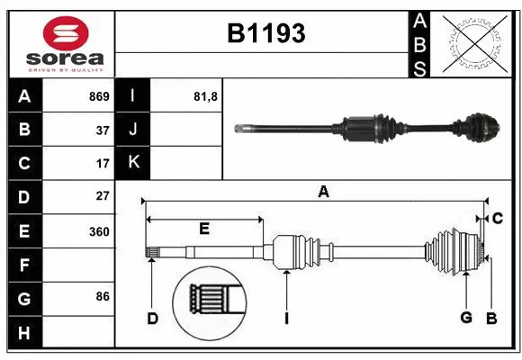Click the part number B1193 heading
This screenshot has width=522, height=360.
pyautogui.click(x=265, y=34)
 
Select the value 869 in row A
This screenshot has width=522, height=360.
pyautogui.click(x=98, y=96)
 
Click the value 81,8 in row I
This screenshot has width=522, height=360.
pyautogui.click(x=206, y=96)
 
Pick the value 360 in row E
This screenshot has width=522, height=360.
pyautogui.click(x=98, y=231)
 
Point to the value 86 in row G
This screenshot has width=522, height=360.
pyautogui.click(x=102, y=295)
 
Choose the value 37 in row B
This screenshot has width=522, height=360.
pyautogui.click(x=102, y=130)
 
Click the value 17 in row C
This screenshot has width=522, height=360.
pyautogui.click(x=102, y=164)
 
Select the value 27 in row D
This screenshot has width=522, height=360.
pyautogui.click(x=102, y=195)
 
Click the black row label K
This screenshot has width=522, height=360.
pyautogui.click(x=133, y=163)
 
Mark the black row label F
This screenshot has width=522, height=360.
pyautogui.click(x=24, y=265)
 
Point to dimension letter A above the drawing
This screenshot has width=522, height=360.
pyautogui.click(x=323, y=191)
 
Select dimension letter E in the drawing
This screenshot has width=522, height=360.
pyautogui.click(x=204, y=229)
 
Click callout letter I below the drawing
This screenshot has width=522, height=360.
pyautogui.click(x=285, y=318)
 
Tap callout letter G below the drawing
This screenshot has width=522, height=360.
pyautogui.click(x=466, y=318)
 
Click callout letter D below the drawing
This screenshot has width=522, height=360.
pyautogui.click(x=153, y=318)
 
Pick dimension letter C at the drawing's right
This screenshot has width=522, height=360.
pyautogui.click(x=498, y=218)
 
